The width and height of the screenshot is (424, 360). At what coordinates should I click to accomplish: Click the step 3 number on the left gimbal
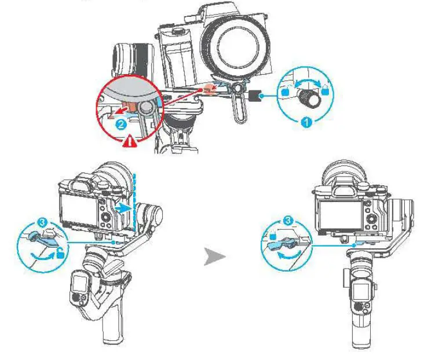(42, 222)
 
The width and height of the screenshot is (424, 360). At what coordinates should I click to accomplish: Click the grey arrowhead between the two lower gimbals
(214, 258)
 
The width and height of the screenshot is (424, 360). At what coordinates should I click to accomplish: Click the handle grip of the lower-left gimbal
(112, 332)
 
